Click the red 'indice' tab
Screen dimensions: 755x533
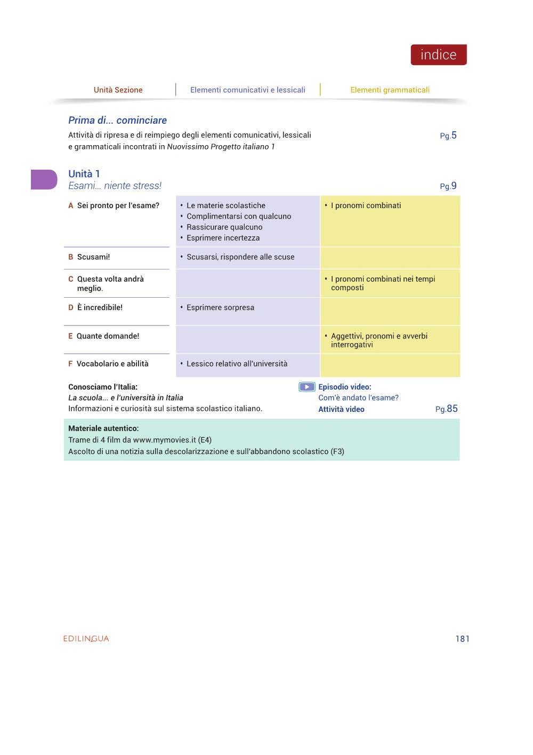pos(438,55)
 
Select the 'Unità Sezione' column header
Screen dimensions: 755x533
pos(118,90)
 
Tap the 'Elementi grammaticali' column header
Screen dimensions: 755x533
pos(390,90)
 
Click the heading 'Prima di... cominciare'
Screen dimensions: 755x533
pos(117,120)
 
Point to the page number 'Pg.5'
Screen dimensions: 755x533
pos(448,136)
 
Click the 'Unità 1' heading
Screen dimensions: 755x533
pos(84,173)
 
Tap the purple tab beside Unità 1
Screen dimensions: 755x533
pos(44,179)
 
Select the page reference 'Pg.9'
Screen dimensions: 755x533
pos(448,186)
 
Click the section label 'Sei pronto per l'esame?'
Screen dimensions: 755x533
pos(118,205)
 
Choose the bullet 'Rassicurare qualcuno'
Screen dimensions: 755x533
pos(224,227)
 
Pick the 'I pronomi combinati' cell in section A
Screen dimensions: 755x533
pos(366,205)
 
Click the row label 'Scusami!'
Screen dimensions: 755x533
pos(93,257)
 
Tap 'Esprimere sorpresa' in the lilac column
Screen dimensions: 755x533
pos(220,307)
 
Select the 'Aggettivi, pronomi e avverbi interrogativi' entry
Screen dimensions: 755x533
pos(378,340)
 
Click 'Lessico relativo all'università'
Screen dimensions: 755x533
pos(237,363)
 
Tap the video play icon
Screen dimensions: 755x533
pos(306,387)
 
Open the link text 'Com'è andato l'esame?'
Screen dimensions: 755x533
pos(358,398)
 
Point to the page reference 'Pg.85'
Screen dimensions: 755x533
pos(446,409)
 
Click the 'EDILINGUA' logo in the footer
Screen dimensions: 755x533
pos(86,638)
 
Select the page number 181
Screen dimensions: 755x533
pos(462,638)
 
